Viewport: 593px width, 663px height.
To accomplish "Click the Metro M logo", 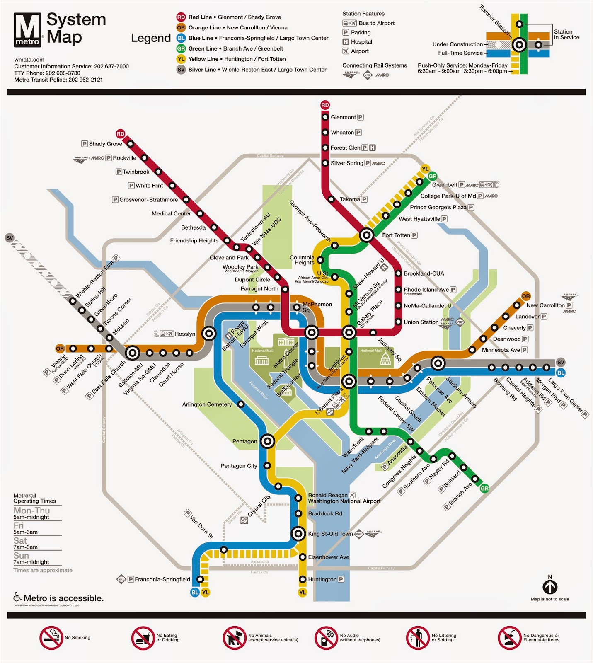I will pyautogui.click(x=27, y=29).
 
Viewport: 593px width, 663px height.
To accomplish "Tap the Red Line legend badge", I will pyautogui.click(x=181, y=17).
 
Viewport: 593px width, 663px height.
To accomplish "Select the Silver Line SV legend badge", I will pyautogui.click(x=181, y=70).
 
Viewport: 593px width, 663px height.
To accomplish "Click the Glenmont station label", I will pyautogui.click(x=343, y=117).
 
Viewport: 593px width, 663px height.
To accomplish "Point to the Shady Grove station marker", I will pyautogui.click(x=131, y=144).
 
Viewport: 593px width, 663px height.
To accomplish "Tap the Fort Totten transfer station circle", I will pyautogui.click(x=366, y=235).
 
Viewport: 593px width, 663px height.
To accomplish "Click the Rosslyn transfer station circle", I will pyautogui.click(x=209, y=333).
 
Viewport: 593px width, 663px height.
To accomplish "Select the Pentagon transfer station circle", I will pyautogui.click(x=267, y=441).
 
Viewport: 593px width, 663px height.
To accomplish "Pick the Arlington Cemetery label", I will pyautogui.click(x=207, y=404).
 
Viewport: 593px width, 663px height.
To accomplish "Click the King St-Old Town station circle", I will pyautogui.click(x=298, y=534).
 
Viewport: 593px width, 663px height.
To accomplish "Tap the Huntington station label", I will pyautogui.click(x=322, y=579).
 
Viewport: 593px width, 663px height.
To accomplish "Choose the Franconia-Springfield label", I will pyautogui.click(x=162, y=579).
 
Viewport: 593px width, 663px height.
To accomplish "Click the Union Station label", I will pyautogui.click(x=421, y=322).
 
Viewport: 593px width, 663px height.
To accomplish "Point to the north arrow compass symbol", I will pyautogui.click(x=550, y=587).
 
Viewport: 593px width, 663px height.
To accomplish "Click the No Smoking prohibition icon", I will pyautogui.click(x=51, y=638).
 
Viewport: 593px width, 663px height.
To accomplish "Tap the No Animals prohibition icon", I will pyautogui.click(x=235, y=638).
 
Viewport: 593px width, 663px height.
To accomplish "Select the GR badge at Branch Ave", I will pyautogui.click(x=484, y=489).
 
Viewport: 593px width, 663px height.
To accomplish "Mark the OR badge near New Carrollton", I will pyautogui.click(x=526, y=296).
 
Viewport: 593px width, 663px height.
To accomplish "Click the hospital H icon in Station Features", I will pyautogui.click(x=346, y=42).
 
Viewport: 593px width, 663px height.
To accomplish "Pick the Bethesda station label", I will pyautogui.click(x=193, y=227).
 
